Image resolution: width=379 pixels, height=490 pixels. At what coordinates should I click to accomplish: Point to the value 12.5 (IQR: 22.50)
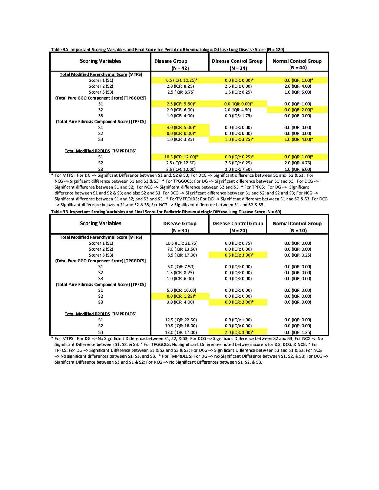click(x=181, y=320)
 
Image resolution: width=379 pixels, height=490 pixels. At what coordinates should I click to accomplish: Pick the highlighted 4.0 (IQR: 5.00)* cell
click(x=181, y=127)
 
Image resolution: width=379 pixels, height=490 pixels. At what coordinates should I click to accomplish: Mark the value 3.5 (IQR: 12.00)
click(x=181, y=169)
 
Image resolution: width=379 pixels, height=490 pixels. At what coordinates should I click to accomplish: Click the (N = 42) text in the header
click(x=180, y=68)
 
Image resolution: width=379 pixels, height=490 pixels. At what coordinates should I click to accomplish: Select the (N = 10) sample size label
click(x=298, y=231)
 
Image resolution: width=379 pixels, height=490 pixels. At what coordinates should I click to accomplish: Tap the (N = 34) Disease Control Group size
click(x=238, y=68)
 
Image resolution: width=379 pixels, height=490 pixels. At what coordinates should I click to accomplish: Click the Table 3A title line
click(x=167, y=49)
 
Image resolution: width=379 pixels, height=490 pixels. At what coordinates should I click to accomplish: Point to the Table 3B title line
click(x=166, y=212)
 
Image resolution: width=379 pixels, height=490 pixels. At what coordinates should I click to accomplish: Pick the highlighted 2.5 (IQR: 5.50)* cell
click(x=181, y=104)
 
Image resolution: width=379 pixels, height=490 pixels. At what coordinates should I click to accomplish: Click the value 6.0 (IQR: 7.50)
click(x=180, y=267)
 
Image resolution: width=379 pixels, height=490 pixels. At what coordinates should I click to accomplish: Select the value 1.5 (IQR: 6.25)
click(x=238, y=92)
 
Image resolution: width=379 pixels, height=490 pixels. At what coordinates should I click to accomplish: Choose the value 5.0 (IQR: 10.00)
click(x=181, y=290)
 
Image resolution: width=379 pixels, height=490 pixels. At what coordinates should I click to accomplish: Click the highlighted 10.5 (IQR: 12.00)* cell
click(x=181, y=157)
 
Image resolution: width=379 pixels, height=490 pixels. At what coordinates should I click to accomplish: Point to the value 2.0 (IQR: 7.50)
click(x=238, y=169)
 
